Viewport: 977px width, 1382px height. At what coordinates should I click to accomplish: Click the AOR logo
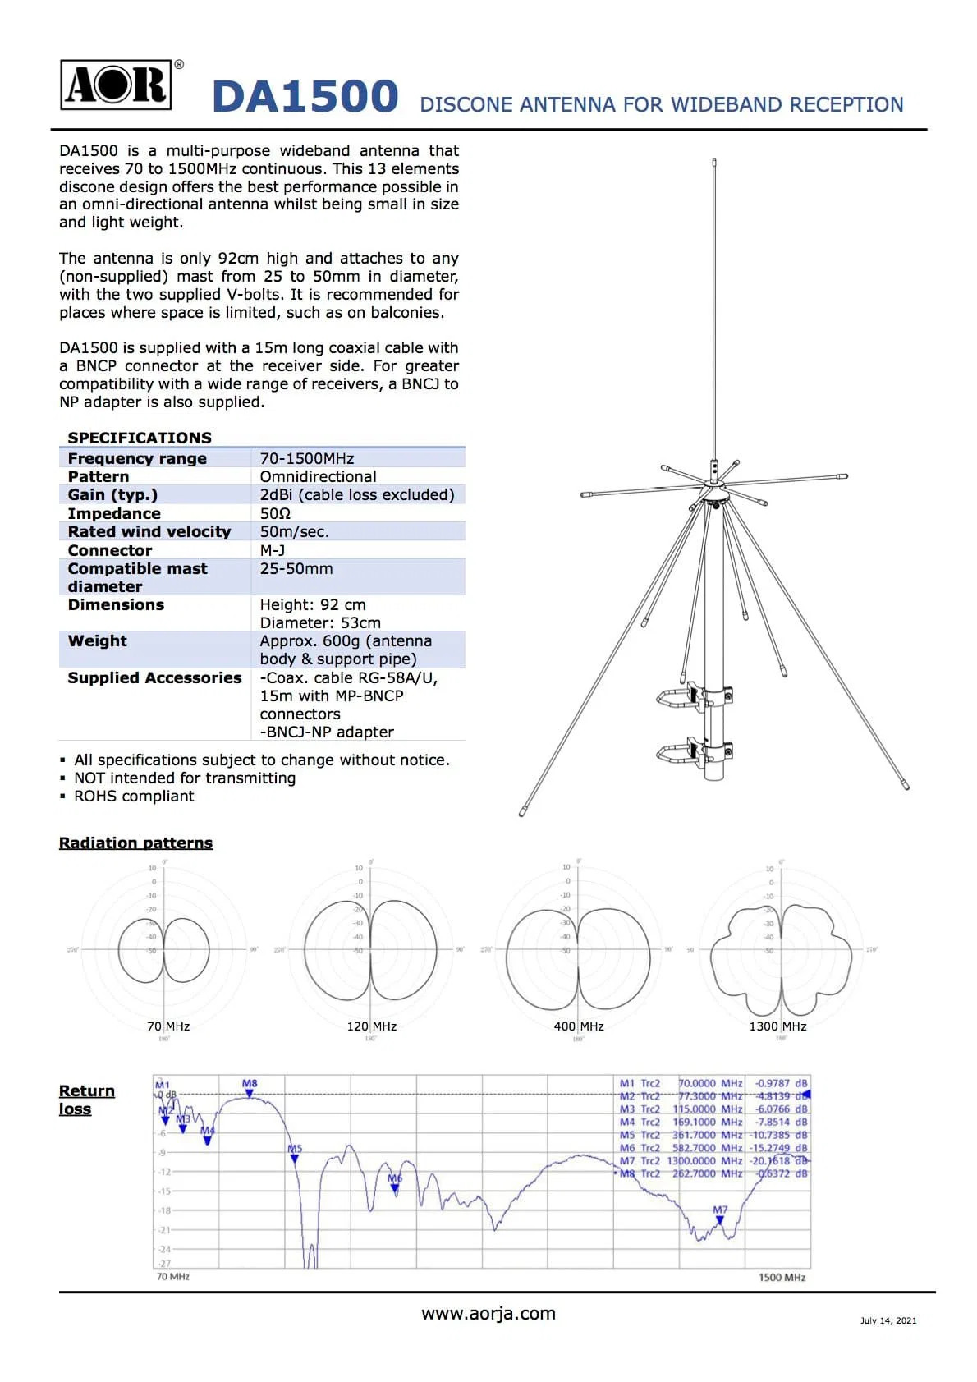click(117, 85)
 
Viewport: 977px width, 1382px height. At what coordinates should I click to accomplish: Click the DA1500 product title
click(305, 97)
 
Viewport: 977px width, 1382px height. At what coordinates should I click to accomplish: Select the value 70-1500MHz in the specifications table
click(307, 458)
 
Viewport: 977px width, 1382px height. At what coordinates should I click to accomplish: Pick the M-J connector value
click(273, 550)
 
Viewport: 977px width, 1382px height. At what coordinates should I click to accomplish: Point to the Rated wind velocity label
click(149, 531)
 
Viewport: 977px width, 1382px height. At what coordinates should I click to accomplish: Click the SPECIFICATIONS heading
click(140, 438)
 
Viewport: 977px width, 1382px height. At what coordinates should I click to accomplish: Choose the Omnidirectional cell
click(318, 476)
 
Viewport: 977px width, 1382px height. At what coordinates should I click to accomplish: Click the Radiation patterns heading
click(135, 843)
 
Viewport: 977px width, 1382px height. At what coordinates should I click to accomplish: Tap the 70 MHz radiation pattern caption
click(168, 1026)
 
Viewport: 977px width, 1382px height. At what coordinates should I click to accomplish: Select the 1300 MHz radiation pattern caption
click(777, 1026)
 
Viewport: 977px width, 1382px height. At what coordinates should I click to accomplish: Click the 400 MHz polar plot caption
click(579, 1026)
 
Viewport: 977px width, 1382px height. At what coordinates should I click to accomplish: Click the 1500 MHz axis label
click(782, 1277)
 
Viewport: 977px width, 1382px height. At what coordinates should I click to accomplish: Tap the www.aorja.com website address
click(488, 1313)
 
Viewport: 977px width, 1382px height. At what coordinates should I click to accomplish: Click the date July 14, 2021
click(888, 1320)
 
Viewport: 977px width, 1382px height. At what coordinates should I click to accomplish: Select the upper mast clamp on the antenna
click(696, 696)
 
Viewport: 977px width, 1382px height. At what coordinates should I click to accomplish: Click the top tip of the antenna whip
click(714, 162)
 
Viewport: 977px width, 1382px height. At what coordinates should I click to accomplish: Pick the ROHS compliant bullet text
click(134, 796)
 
